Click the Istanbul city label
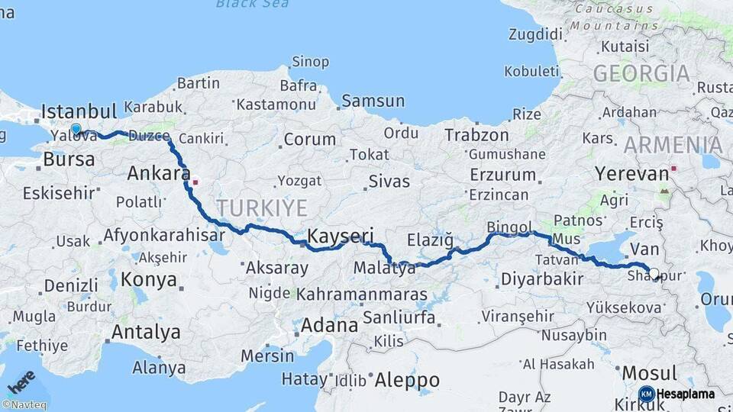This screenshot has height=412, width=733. [79, 111]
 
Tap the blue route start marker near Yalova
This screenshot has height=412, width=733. [76, 130]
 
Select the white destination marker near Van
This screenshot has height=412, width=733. [654, 272]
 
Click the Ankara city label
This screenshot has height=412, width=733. [159, 173]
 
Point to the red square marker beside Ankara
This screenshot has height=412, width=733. [195, 182]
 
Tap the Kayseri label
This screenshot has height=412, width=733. [341, 235]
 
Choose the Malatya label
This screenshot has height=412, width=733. [385, 269]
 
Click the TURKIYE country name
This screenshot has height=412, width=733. [261, 208]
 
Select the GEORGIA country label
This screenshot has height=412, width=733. [641, 74]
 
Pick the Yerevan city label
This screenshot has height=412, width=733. [632, 173]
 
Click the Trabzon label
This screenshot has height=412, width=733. [477, 135]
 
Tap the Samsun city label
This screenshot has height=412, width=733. [373, 101]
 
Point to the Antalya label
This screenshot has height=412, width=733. [146, 332]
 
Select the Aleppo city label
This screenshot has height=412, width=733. [407, 379]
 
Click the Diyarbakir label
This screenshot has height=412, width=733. [542, 279]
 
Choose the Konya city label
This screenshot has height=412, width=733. [149, 278]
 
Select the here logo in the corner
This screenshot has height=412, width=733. [21, 379]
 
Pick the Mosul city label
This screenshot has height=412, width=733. [650, 373]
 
